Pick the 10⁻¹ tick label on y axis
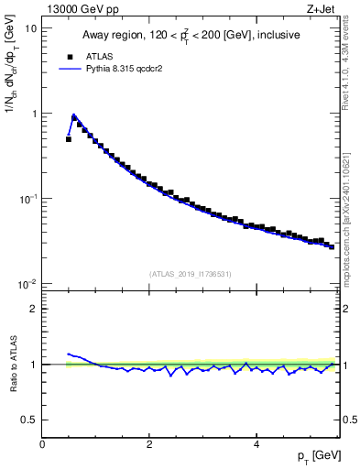28,198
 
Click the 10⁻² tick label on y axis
28,283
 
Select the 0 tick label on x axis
42,444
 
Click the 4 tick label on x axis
256,444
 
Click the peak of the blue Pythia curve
73,115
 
